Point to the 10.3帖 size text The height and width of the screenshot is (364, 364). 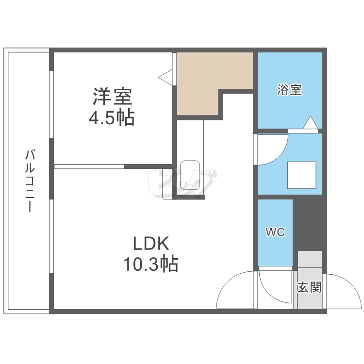151,264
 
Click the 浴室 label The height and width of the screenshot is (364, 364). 289,90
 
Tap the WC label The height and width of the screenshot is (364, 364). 275,232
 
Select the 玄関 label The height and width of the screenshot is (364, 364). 309,287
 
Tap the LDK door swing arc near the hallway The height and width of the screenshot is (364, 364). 235,291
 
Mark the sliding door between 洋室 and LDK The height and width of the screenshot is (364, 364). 89,166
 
